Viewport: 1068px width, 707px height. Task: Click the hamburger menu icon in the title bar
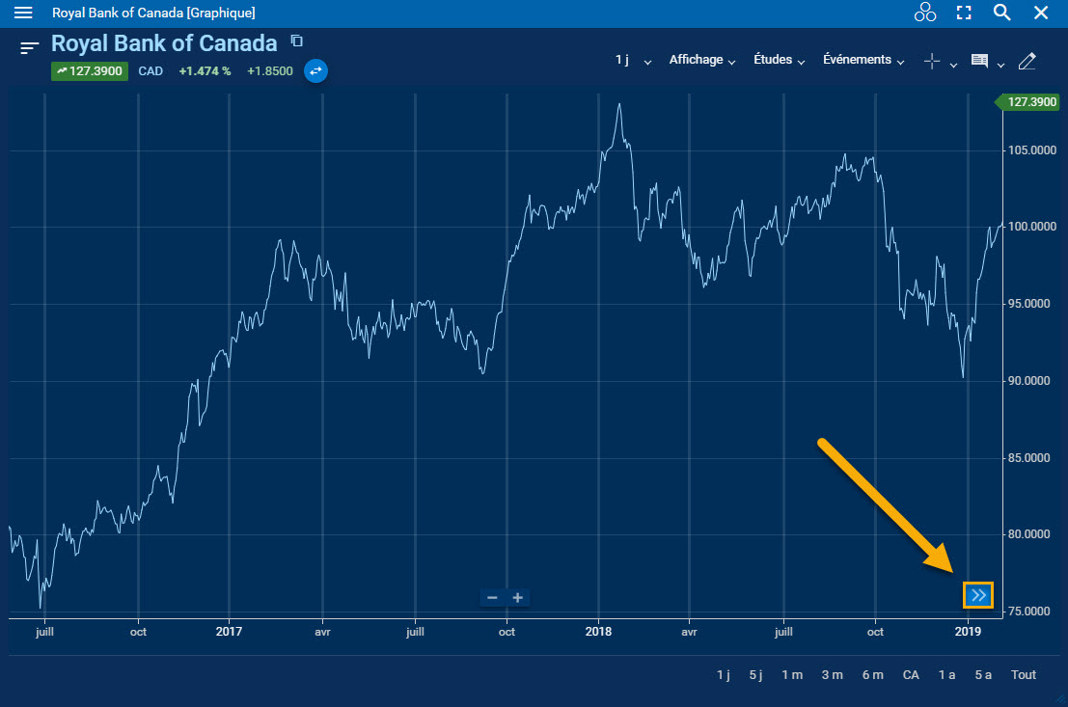point(23,13)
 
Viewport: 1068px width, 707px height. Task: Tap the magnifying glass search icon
point(1001,13)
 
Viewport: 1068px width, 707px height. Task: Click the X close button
point(1041,13)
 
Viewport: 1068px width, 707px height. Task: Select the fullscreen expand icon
point(963,13)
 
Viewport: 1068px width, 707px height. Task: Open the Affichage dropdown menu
point(701,60)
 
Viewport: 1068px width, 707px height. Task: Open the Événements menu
point(863,60)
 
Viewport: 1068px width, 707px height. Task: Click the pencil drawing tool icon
point(1027,61)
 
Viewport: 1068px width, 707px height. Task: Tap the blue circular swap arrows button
point(315,70)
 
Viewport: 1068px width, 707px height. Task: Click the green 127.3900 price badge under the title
point(90,70)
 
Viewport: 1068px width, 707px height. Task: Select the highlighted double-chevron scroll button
point(978,595)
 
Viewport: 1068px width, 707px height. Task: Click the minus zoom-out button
point(492,598)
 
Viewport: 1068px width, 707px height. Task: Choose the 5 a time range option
point(983,675)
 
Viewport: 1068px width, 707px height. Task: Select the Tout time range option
point(1024,675)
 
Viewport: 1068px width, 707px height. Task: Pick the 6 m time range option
point(872,675)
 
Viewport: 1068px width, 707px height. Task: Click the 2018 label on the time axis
point(598,632)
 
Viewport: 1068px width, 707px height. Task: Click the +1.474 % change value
point(205,70)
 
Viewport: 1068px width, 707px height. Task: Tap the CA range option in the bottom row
point(911,675)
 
